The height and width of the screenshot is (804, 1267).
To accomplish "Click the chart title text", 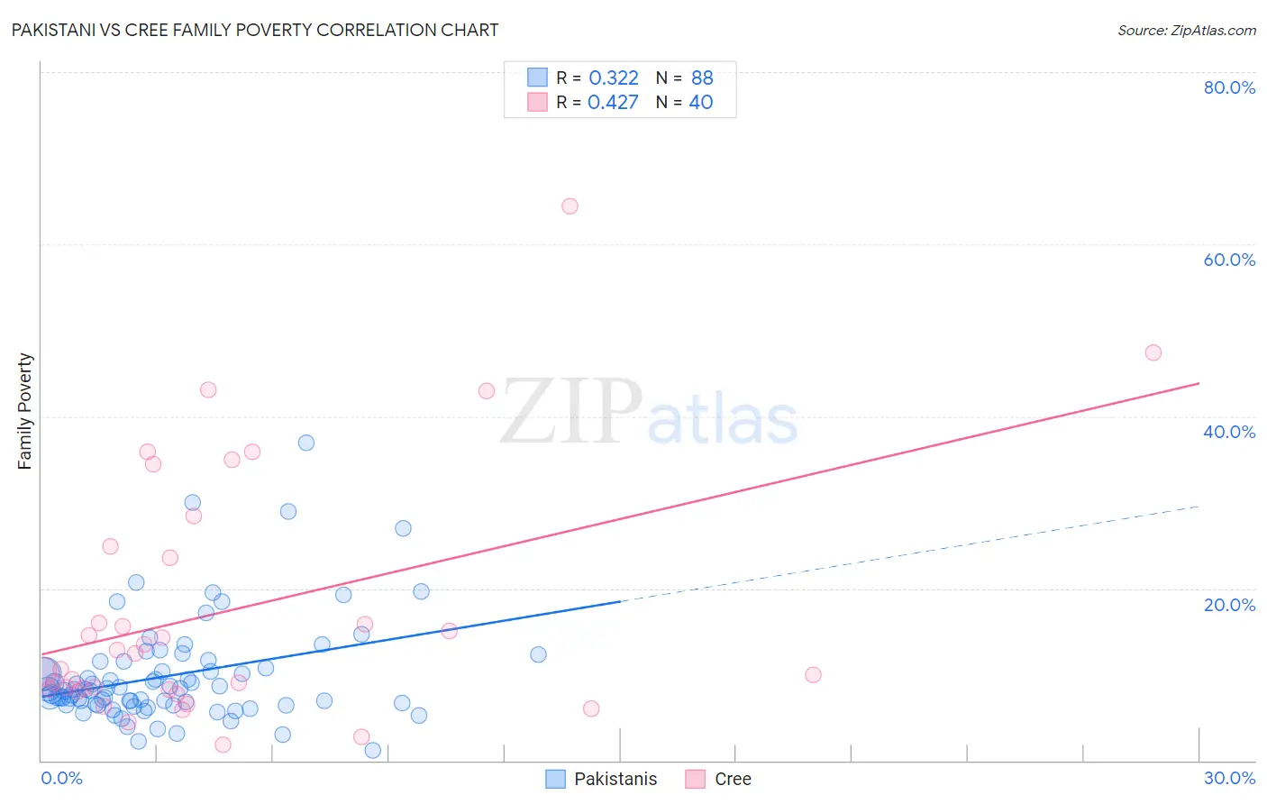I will point(255,30).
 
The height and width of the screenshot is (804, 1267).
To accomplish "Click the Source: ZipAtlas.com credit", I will point(1186,30).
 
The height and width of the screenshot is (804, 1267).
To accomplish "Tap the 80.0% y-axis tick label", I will point(1229,87).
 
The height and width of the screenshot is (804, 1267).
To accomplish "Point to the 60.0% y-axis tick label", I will point(1229,260).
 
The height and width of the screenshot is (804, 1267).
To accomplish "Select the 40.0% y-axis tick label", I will point(1229,432).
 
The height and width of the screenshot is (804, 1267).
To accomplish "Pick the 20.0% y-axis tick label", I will point(1229,604).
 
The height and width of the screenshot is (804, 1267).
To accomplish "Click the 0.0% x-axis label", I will point(61,778).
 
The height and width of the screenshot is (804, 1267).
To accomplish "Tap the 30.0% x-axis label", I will point(1229,778).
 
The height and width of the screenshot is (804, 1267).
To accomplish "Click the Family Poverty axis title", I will point(25,411).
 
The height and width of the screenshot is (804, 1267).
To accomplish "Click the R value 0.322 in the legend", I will point(613,78).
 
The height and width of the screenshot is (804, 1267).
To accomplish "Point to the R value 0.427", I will point(613,102).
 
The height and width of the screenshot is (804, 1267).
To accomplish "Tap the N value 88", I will point(702,78).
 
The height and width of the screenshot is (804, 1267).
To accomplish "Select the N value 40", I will point(701,102).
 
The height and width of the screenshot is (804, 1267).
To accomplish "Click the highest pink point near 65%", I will point(570,206).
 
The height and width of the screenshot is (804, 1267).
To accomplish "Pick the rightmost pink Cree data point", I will point(1153,352).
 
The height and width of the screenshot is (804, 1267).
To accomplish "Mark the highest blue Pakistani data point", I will point(306,443).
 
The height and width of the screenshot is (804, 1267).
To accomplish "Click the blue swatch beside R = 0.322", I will point(537,78).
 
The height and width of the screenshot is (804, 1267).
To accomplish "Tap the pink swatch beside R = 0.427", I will point(537,102).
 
